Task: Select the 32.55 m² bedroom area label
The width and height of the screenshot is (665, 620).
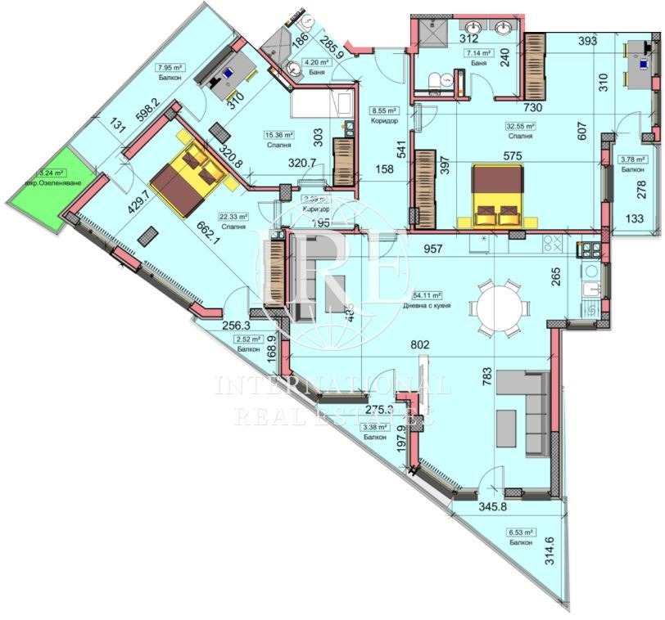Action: [x=519, y=127]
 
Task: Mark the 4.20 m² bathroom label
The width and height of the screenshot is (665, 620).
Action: [x=316, y=62]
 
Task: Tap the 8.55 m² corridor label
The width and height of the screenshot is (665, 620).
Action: [x=383, y=110]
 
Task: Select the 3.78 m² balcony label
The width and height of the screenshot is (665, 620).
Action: [x=631, y=160]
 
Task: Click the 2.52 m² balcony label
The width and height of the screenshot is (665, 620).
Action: [x=247, y=339]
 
